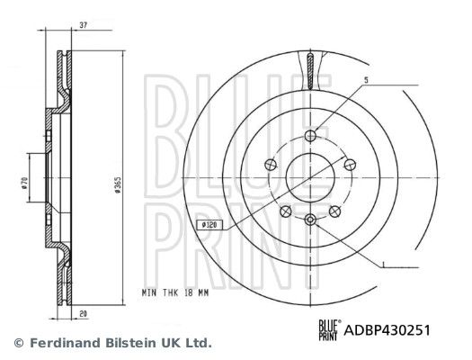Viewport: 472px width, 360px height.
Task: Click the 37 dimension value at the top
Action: [83, 25]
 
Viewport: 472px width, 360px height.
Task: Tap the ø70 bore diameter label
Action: [24, 183]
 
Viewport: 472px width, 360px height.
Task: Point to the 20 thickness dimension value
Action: [83, 313]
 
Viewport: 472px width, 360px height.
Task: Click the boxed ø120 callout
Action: [209, 225]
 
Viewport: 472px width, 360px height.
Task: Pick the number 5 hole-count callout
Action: [366, 80]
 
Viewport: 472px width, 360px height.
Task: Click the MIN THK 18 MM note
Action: [175, 292]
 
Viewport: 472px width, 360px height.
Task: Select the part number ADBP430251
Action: [387, 330]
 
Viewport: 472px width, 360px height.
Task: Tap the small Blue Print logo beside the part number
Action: [329, 330]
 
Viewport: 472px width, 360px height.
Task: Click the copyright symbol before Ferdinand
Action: [19, 343]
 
